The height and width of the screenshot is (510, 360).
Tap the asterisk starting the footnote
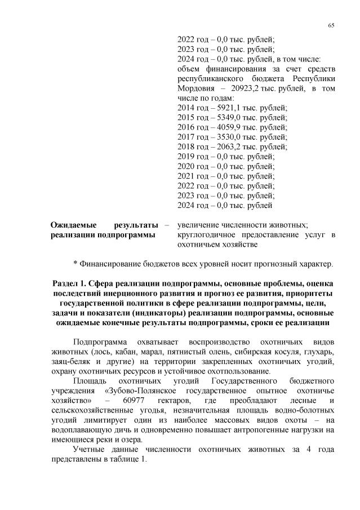click(75, 263)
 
